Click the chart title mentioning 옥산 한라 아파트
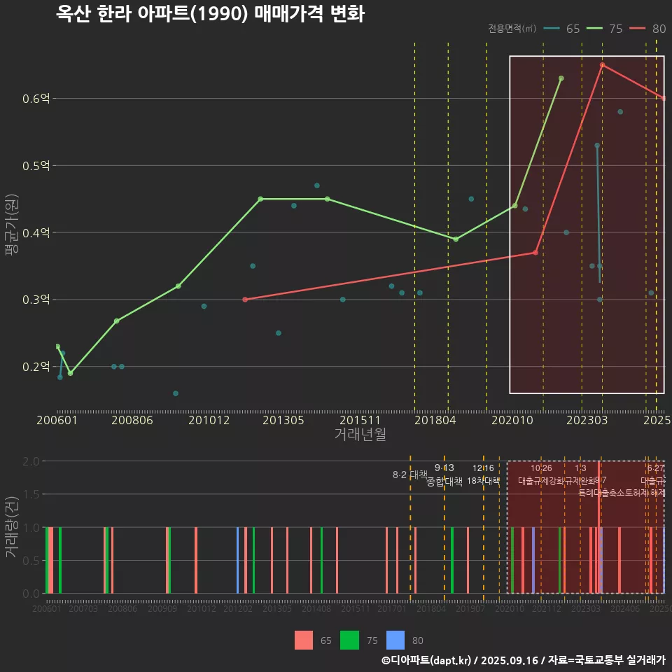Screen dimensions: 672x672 coord(210,14)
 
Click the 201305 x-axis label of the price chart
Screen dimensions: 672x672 coord(283,420)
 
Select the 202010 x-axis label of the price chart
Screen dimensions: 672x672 coord(514,420)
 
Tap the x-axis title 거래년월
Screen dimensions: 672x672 coord(360,435)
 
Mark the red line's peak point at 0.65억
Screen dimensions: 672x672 coord(602,65)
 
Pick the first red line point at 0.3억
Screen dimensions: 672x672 coord(245,300)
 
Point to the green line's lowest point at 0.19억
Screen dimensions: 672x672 coord(70,373)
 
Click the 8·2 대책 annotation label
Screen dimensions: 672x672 coord(410,475)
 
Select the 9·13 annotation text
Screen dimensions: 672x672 coord(444,468)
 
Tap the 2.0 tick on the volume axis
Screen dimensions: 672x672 coord(31,461)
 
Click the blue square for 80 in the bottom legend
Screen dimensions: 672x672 coord(395,640)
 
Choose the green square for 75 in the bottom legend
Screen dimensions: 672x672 coord(349,640)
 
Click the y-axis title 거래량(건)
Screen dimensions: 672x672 coord(11,527)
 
